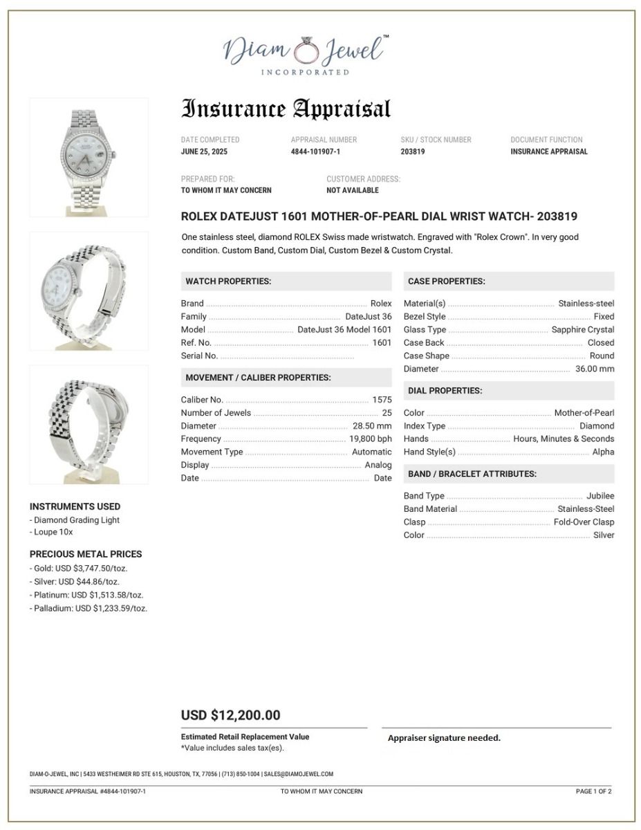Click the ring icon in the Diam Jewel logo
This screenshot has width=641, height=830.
click(x=304, y=50)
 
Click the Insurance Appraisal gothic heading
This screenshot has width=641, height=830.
click(x=286, y=109)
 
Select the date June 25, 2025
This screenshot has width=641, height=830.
click(x=204, y=151)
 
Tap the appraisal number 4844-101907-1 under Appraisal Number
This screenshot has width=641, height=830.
click(x=315, y=151)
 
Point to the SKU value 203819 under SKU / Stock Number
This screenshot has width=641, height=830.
click(x=413, y=151)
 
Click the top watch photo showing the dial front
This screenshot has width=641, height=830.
click(x=89, y=157)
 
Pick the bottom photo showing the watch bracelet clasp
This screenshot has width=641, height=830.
click(x=89, y=424)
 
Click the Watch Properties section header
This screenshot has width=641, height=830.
click(x=228, y=282)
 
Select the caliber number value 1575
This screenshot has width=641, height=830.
click(x=382, y=400)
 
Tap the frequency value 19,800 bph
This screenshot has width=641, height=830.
click(x=370, y=439)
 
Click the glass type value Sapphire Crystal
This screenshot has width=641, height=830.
click(x=582, y=330)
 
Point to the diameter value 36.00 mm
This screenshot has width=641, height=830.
click(x=595, y=369)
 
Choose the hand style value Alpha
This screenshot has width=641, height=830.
click(x=603, y=452)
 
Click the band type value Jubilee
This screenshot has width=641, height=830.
click(x=600, y=496)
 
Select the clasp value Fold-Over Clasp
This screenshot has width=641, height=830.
click(x=584, y=522)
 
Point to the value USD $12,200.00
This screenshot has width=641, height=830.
click(x=230, y=716)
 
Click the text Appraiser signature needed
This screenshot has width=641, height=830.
click(x=444, y=738)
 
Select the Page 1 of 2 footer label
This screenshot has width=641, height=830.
click(x=593, y=791)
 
